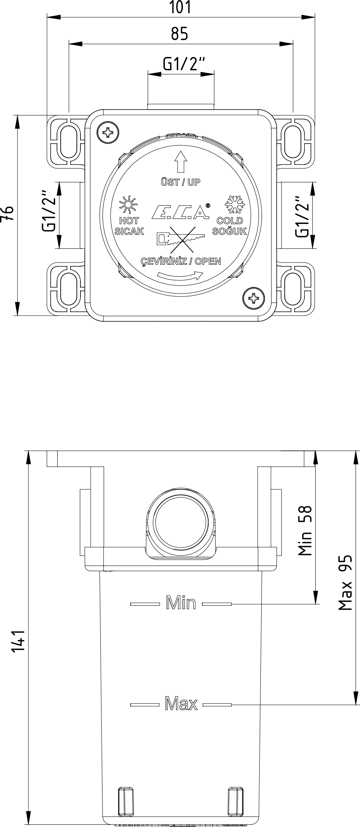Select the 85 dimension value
click(x=179, y=34)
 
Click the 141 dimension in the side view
click(x=17, y=642)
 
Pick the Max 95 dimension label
click(x=345, y=582)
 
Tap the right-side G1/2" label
click(x=302, y=216)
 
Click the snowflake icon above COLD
click(x=235, y=204)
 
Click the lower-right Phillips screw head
click(x=254, y=298)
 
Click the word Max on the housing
click(x=181, y=703)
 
